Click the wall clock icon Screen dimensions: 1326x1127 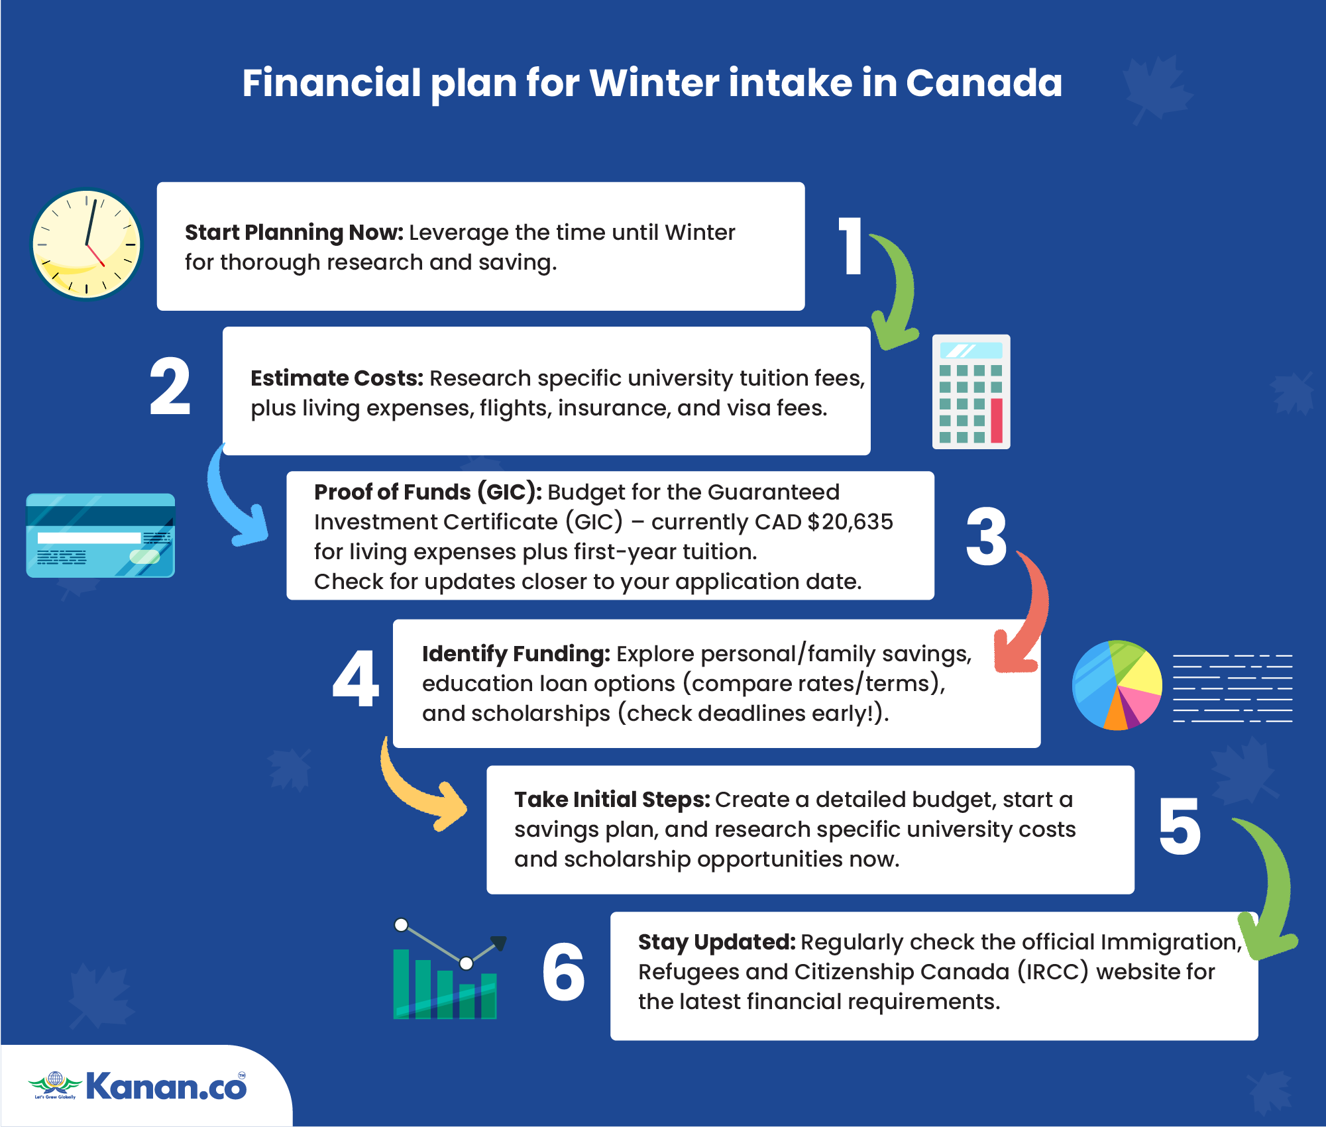[86, 244]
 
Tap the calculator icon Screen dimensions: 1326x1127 [971, 392]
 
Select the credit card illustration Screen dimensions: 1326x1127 [101, 535]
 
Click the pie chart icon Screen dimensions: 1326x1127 [1117, 685]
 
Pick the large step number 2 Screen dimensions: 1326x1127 [170, 386]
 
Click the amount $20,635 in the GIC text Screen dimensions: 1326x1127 [850, 521]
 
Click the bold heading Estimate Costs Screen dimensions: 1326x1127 [337, 378]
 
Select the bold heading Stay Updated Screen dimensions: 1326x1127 [716, 941]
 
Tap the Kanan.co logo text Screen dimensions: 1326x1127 [166, 1086]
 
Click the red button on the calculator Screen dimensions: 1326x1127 [996, 420]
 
